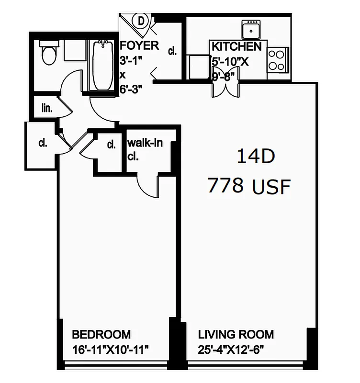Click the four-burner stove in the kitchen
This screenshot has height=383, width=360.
(277, 60)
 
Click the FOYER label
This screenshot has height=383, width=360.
(139, 46)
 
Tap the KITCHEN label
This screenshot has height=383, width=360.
(236, 46)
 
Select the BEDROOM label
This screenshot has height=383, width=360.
(101, 334)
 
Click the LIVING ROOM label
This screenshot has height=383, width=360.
(236, 334)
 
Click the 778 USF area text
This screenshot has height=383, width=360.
(249, 186)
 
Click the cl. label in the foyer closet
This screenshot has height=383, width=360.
(172, 51)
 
